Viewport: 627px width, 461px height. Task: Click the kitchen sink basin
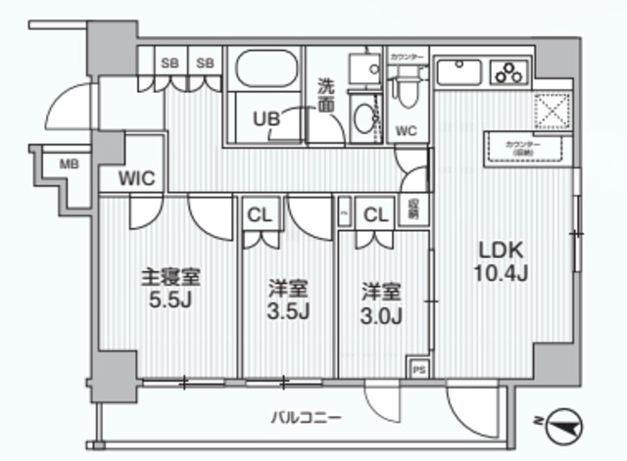point(458,72)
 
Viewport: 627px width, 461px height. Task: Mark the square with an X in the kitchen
point(551,111)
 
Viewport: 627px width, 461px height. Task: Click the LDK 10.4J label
point(503,259)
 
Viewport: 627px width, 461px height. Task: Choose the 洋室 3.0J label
point(382,301)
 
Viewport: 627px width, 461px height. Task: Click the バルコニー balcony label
point(306,418)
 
